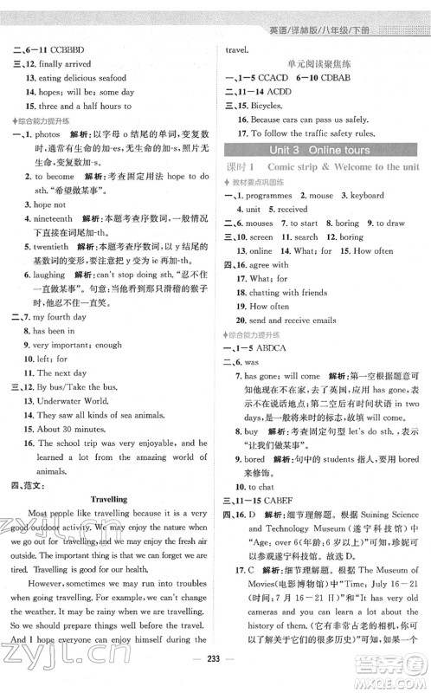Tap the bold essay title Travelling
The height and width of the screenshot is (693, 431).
tap(108, 499)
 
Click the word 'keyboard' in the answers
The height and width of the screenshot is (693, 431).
tap(363, 195)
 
